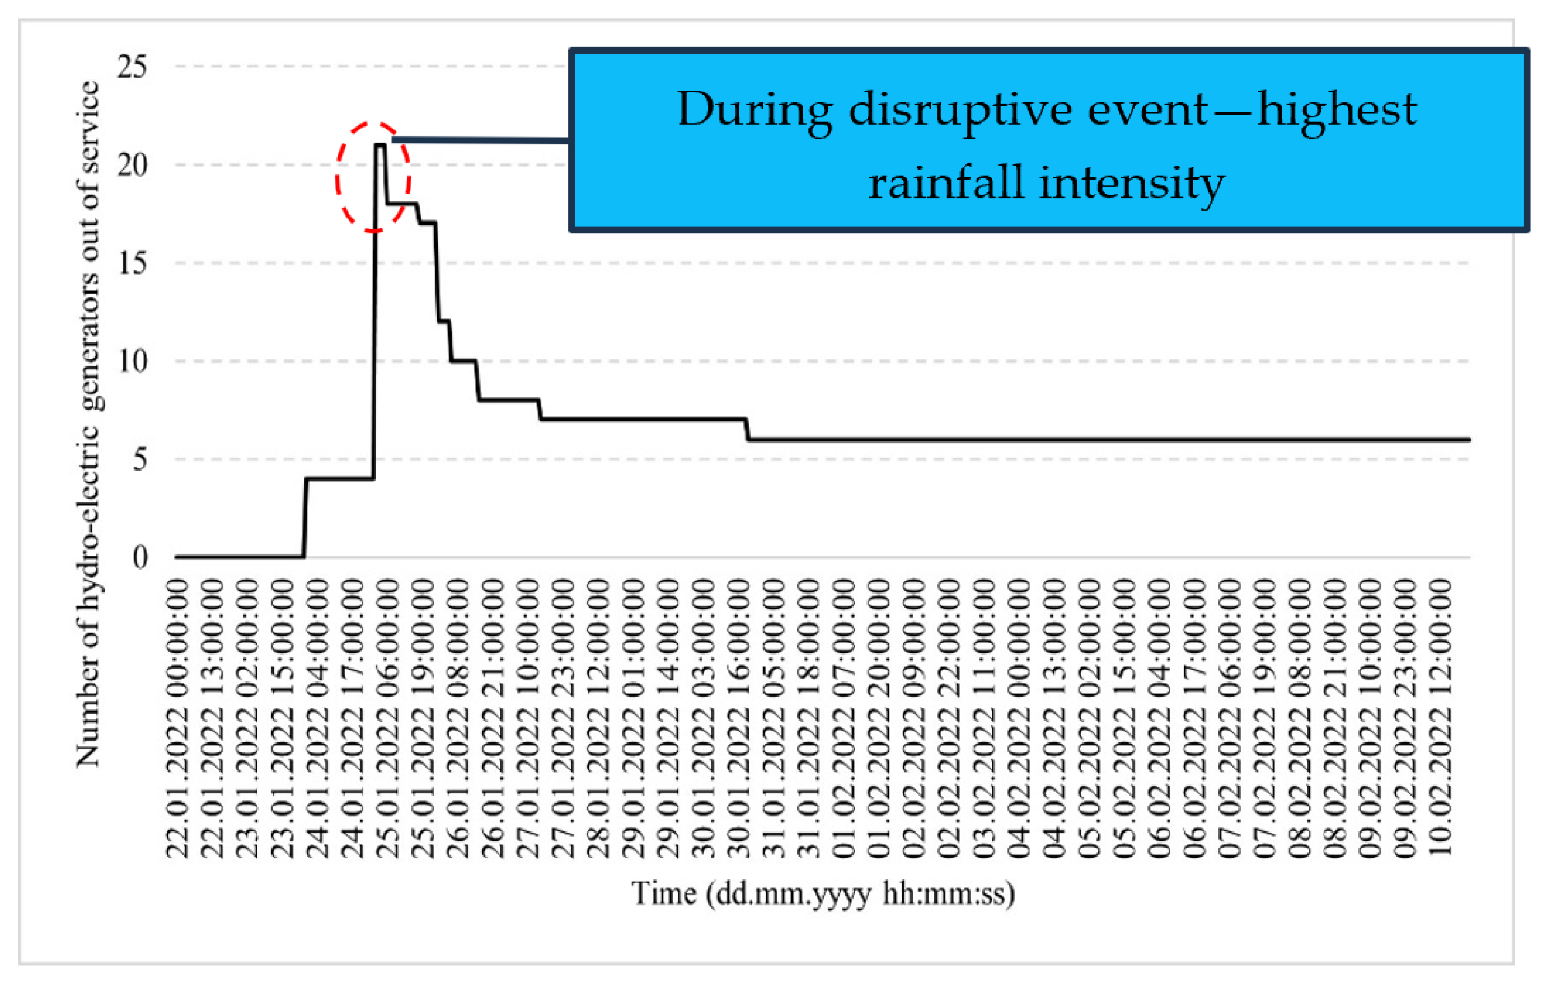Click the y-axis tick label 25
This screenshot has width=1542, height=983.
132,67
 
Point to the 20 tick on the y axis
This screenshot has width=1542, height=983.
132,165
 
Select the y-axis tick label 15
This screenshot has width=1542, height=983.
132,263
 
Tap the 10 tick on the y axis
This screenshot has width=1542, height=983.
132,361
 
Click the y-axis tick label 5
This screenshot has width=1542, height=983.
139,459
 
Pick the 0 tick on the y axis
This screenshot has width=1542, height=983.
139,558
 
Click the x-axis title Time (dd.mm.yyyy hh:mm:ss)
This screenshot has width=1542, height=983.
823,894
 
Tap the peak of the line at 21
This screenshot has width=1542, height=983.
379,145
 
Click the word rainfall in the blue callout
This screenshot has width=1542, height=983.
945,183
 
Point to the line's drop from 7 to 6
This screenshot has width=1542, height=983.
747,430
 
